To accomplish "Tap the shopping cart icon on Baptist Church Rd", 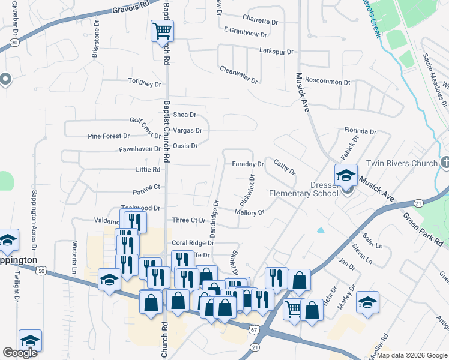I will tap(161, 31).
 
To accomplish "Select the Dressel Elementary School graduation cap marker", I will tap(346, 175).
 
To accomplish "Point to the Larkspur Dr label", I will tap(276, 52).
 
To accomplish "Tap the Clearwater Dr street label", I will tap(238, 74).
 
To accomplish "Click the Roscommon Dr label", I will tap(327, 82).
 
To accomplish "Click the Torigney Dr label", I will tap(145, 83).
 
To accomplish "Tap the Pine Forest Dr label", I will tap(109, 136).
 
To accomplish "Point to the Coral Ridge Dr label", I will tap(193, 243).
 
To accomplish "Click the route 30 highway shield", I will tap(13, 43).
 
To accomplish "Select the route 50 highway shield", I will tap(41, 271).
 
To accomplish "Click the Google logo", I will tap(20, 353).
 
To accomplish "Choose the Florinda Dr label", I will tap(360, 131).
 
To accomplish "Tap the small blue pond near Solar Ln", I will tap(320, 230).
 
